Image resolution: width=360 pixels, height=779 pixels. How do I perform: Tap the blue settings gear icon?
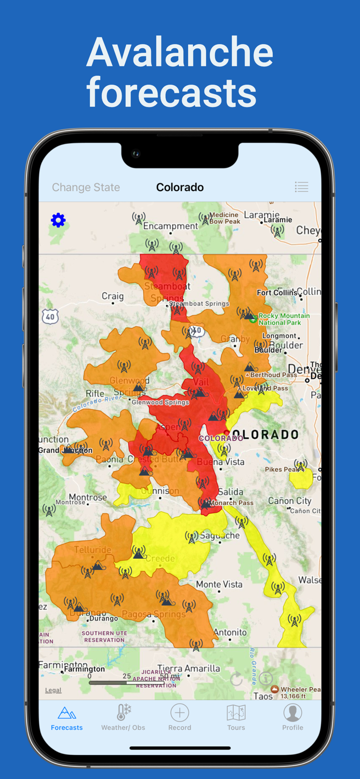58,220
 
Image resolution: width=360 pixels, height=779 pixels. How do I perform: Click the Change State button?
86,187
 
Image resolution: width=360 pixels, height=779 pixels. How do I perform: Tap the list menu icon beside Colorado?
301,187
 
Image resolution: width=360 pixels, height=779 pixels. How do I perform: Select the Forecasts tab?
66,718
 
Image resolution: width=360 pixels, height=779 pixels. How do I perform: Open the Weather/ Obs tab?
123,718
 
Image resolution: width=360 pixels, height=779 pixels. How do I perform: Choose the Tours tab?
236,718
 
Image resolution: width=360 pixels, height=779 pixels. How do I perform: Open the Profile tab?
292,718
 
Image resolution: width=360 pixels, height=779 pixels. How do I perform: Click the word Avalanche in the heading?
180,52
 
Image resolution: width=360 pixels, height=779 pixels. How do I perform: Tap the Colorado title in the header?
180,187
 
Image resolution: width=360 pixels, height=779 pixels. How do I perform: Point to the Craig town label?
113,297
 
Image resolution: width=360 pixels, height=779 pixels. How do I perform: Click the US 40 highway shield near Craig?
50,316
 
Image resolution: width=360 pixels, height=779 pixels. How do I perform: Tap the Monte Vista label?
219,584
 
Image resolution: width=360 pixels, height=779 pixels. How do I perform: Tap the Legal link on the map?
53,690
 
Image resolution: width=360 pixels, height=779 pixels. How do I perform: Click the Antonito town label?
230,632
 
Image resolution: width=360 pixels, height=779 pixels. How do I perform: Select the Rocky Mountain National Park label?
284,319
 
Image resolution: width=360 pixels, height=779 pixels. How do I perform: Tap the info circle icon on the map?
266,679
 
